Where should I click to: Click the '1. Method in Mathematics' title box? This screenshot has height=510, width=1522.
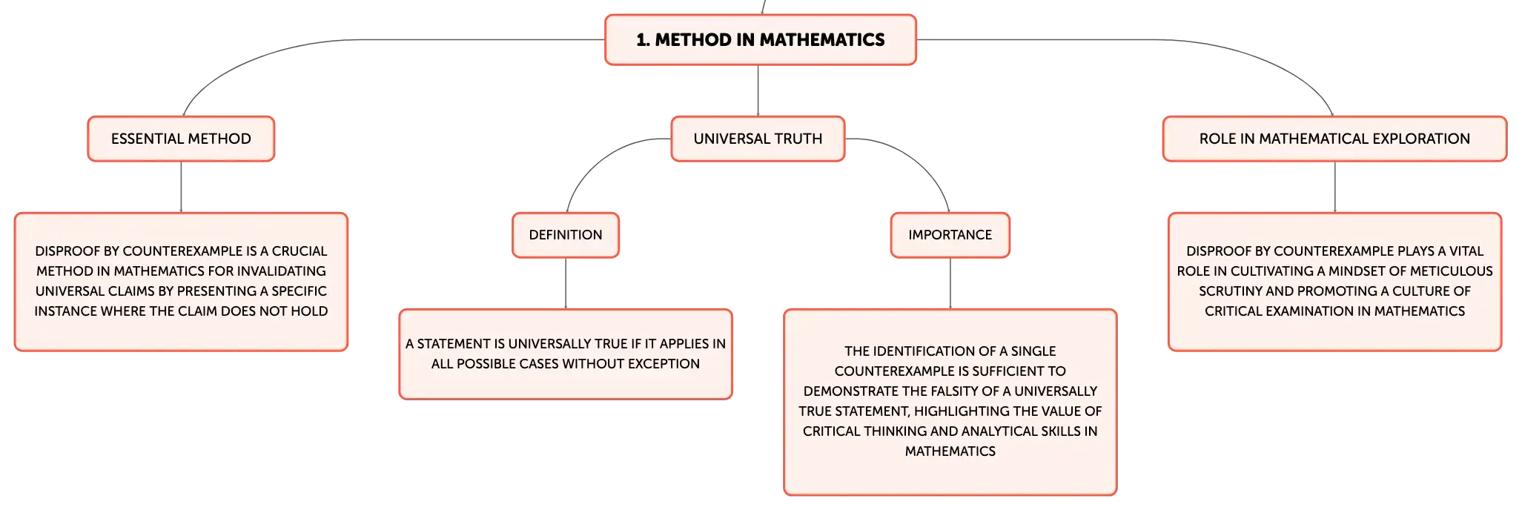[761, 40]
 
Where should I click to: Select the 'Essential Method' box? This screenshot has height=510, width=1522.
[181, 139]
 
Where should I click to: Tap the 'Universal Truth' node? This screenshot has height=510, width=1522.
[758, 139]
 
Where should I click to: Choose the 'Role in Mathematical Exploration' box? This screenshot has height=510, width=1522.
[1334, 139]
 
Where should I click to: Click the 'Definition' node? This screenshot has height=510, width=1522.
[566, 235]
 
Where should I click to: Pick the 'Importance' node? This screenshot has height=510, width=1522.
[950, 235]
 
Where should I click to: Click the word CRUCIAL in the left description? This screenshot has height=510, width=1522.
[300, 251]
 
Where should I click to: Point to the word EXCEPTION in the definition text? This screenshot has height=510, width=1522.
[665, 364]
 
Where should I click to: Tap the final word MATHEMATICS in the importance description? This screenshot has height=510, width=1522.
[950, 451]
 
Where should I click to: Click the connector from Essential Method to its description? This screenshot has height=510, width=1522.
[181, 187]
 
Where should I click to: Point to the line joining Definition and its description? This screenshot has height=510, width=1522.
[566, 283]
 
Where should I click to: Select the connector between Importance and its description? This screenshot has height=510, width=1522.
[950, 283]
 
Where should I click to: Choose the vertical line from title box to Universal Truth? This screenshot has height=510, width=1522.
[758, 90]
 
